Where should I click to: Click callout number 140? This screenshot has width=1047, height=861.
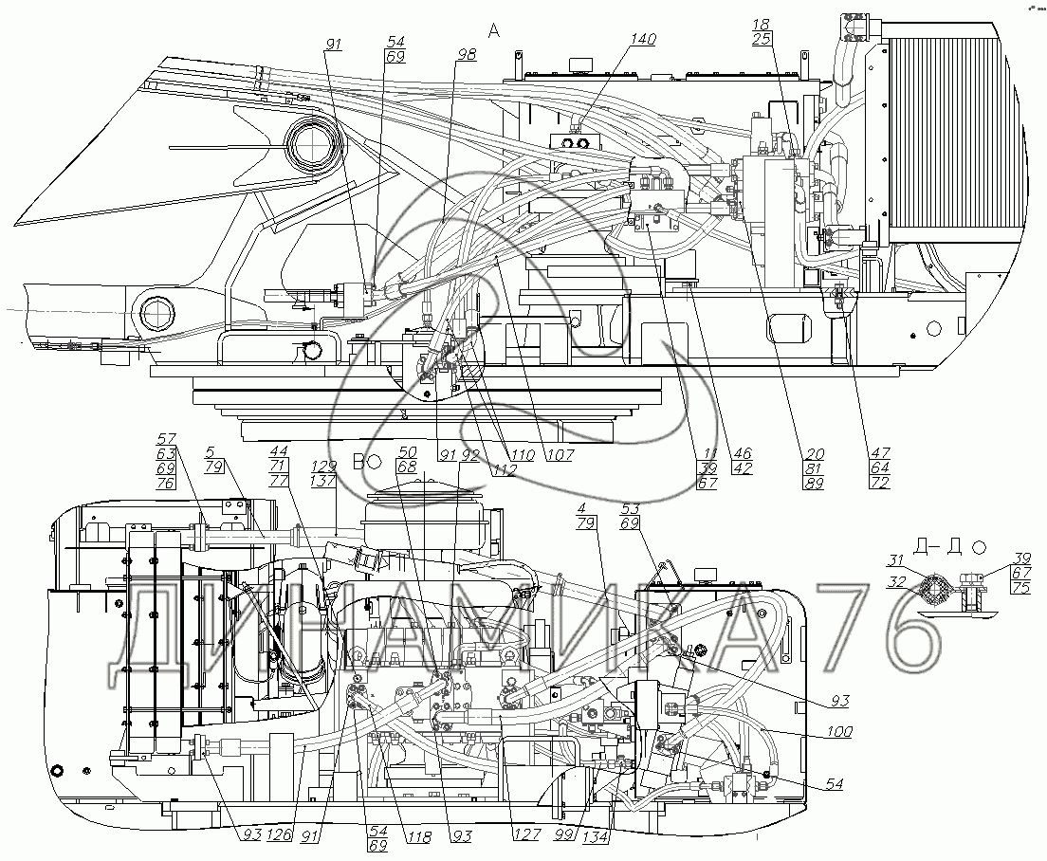[643, 40]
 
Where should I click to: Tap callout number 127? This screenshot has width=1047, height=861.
[527, 835]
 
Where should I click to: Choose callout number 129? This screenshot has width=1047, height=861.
[325, 467]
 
